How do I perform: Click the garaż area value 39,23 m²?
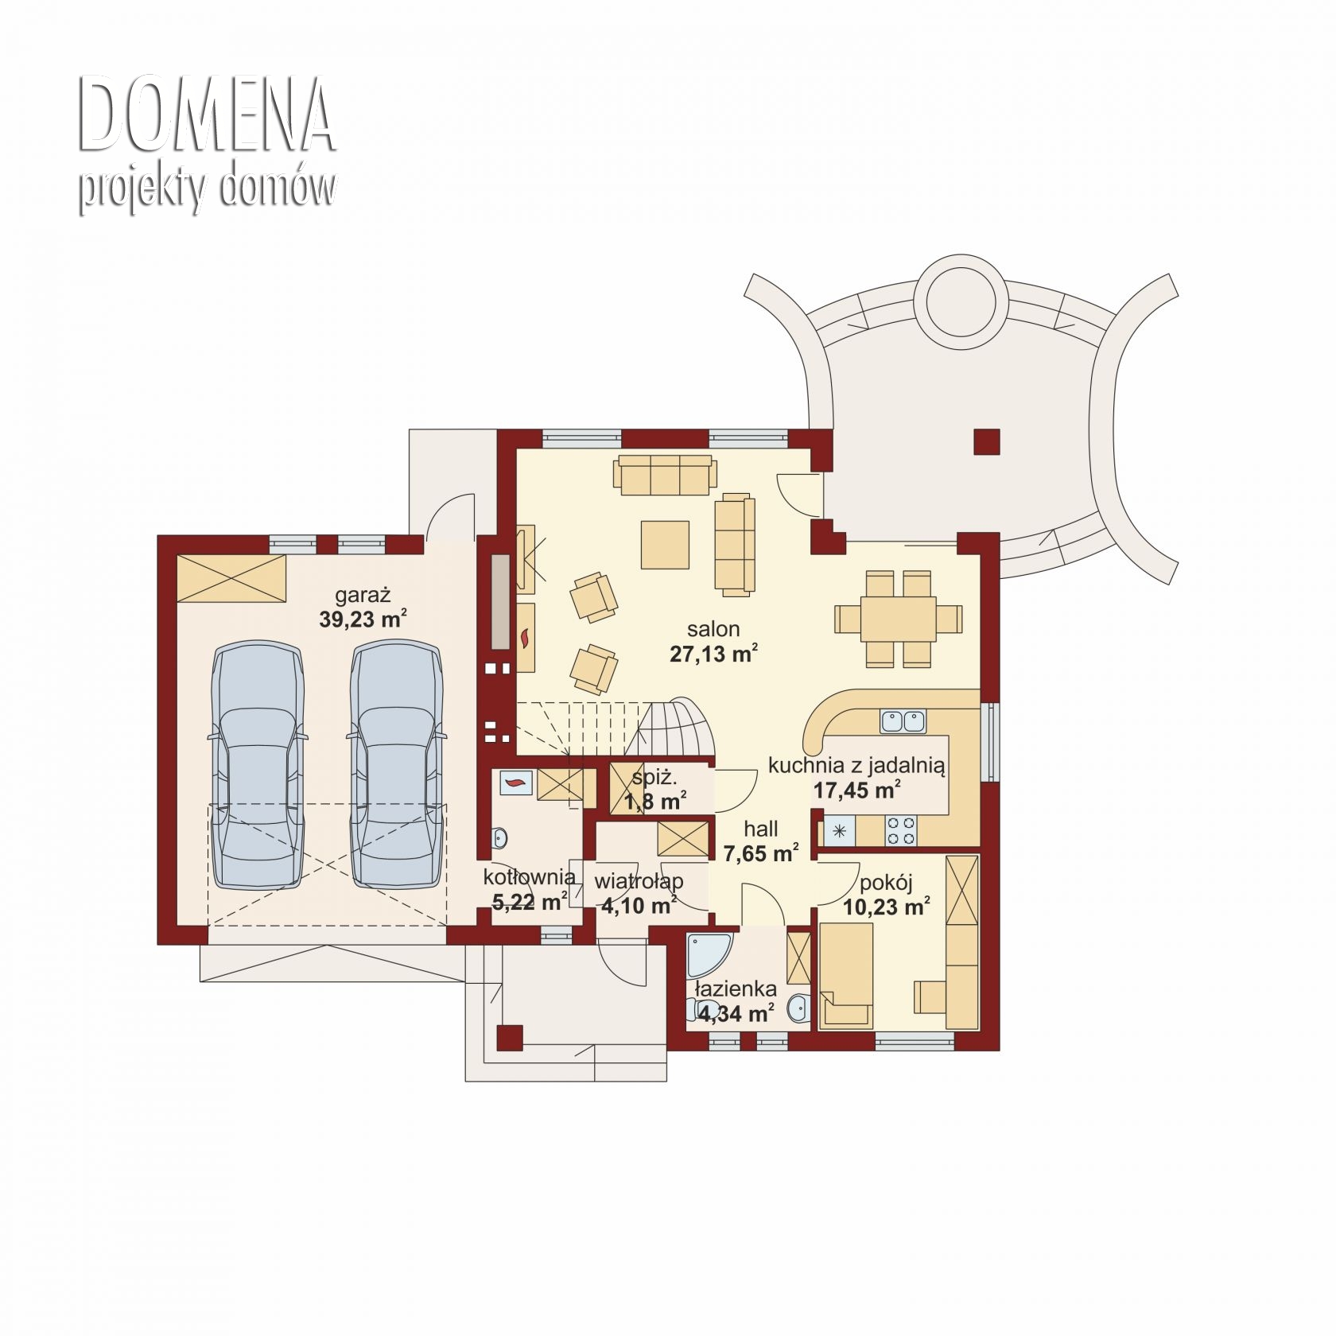click(363, 619)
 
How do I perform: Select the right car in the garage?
click(396, 766)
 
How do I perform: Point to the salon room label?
click(713, 629)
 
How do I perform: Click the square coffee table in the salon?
click(665, 545)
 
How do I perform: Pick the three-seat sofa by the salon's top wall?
click(665, 475)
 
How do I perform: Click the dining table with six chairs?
click(898, 619)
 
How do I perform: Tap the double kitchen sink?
click(903, 720)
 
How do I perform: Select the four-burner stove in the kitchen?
click(902, 831)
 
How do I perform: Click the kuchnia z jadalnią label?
click(856, 766)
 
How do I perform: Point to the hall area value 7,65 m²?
click(761, 853)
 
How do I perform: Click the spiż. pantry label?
click(654, 778)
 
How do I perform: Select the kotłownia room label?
click(530, 877)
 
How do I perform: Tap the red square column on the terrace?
click(987, 441)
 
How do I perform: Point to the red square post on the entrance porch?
click(509, 1037)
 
